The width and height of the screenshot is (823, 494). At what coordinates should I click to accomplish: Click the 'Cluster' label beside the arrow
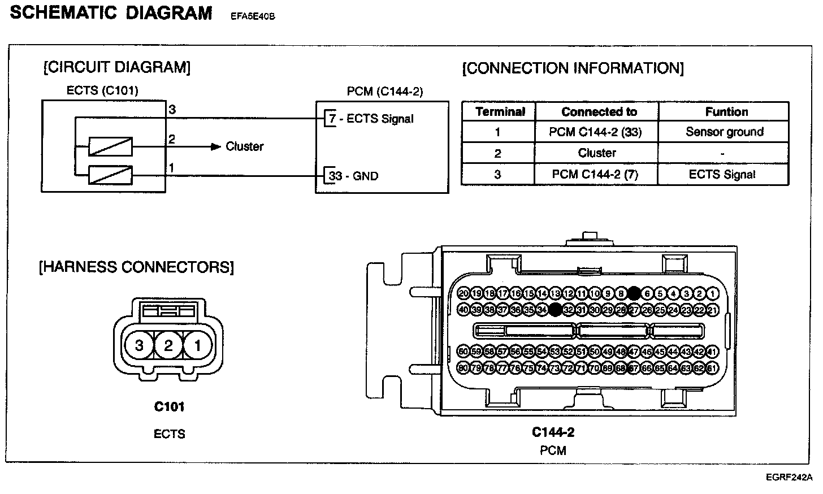(x=244, y=146)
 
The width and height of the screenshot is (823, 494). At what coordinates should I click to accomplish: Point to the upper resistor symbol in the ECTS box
(x=110, y=146)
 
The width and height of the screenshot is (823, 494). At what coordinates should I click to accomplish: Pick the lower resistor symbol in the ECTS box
(x=110, y=175)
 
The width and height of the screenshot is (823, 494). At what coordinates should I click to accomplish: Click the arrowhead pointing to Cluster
(x=215, y=146)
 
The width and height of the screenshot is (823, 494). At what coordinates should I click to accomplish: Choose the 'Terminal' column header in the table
(x=500, y=111)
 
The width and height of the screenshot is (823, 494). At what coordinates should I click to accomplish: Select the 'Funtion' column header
(x=726, y=111)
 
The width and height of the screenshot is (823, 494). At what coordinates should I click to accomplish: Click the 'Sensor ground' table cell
(x=724, y=132)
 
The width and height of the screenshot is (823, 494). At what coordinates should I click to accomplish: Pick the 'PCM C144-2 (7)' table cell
(x=595, y=174)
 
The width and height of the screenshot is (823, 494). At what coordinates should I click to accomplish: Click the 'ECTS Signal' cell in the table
(x=722, y=174)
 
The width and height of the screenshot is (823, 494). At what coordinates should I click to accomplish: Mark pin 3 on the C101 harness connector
(x=139, y=344)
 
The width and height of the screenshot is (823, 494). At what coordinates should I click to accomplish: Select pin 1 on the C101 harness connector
(x=197, y=344)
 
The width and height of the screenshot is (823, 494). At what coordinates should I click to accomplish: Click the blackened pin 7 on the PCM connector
(x=634, y=293)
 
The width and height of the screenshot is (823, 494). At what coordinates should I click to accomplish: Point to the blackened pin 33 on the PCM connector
(x=555, y=309)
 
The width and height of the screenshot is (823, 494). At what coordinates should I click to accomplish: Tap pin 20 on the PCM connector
(x=464, y=293)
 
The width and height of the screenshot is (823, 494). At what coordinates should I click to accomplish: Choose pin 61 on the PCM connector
(x=712, y=368)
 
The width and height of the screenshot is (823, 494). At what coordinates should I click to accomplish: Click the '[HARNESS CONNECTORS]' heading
(x=136, y=267)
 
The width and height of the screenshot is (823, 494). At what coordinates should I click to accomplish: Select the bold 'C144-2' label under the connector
(x=553, y=432)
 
